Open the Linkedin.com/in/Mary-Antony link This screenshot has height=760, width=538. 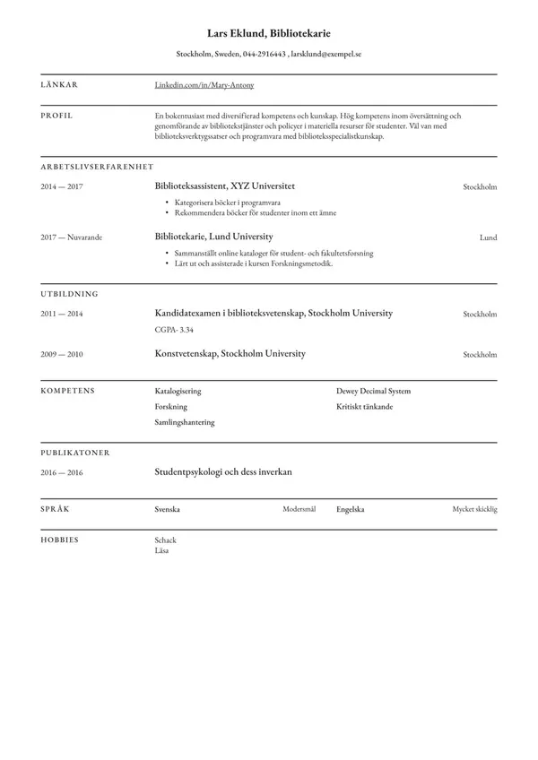[x=204, y=85]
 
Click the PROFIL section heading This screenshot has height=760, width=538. [x=56, y=116]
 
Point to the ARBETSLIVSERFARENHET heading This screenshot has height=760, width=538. [x=97, y=167]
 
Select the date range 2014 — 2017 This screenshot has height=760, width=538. [x=62, y=186]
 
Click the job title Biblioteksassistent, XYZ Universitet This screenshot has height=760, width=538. [x=225, y=186]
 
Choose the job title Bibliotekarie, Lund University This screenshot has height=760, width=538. [x=213, y=237]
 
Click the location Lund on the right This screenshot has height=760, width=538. [x=488, y=237]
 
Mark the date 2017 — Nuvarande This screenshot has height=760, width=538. [x=71, y=237]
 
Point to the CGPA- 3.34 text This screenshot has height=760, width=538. [x=175, y=330]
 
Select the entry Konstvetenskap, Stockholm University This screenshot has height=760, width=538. [x=230, y=354]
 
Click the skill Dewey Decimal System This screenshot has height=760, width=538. [x=374, y=391]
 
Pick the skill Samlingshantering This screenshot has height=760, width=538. [x=185, y=422]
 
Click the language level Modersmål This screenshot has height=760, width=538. [x=299, y=509]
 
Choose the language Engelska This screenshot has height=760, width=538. [x=351, y=509]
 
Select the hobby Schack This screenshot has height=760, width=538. [x=166, y=540]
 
